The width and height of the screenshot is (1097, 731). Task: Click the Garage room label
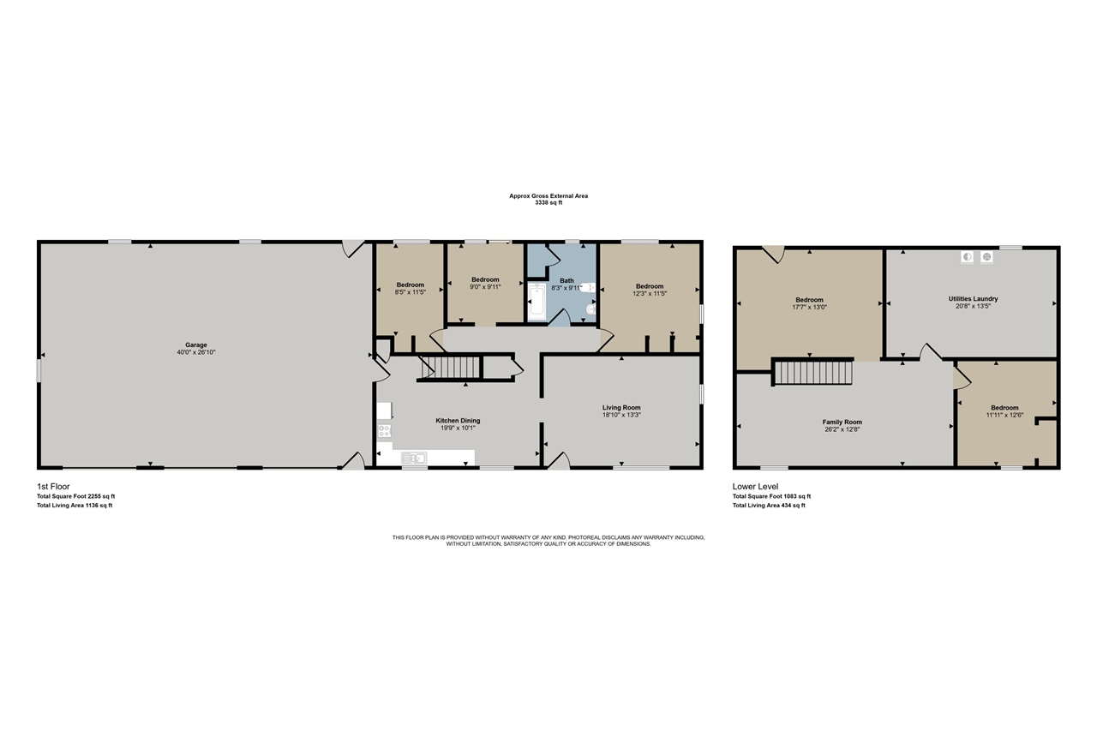pos(196,345)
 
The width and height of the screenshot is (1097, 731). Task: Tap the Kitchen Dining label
pos(458,421)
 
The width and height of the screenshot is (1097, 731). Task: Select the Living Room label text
pos(621,408)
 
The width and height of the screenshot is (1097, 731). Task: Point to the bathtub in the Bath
pos(537,302)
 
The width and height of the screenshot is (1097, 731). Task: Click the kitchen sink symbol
pos(414,458)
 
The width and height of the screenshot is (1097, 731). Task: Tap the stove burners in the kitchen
pos(385,431)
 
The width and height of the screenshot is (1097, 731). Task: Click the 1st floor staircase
pos(453,367)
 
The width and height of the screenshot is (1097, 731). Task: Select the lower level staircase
pos(813,373)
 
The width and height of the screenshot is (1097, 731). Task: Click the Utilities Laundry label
pos(973,299)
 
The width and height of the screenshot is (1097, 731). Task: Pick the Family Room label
pos(842,422)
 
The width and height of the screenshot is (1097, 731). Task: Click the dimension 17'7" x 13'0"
pos(809,307)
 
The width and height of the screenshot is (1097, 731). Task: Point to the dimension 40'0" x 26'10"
pos(196,352)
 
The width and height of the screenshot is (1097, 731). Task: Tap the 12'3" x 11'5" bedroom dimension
pos(649,293)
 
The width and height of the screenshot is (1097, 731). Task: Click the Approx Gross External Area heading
pos(548,196)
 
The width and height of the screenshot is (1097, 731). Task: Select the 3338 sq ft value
pos(548,203)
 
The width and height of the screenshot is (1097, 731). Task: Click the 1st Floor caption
pos(53,486)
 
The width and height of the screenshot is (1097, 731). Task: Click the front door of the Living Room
pos(559,461)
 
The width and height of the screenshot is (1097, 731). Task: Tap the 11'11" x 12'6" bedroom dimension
pos(1004,415)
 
